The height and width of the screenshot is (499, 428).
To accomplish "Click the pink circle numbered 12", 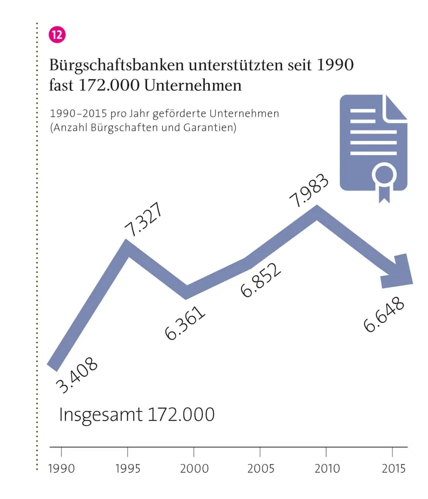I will click(x=56, y=35).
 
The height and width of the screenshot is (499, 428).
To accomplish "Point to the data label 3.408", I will click(x=76, y=375).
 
